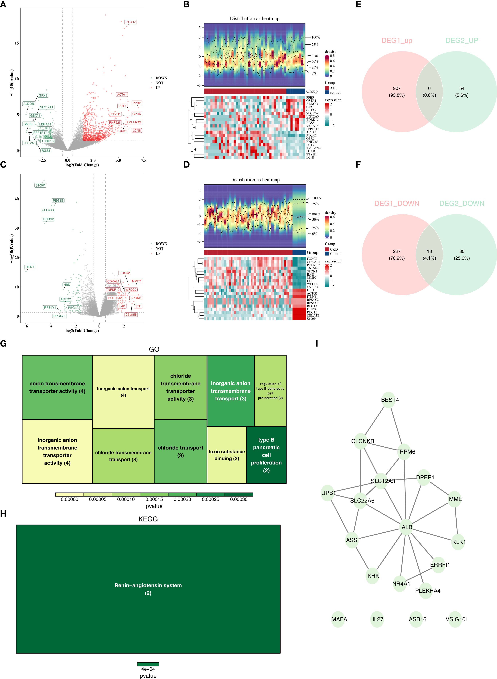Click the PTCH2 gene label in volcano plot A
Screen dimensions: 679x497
[x=131, y=22]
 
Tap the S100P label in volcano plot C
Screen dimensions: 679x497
[x=40, y=185]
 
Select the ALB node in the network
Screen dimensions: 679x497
[x=407, y=527]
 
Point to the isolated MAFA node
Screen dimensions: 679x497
[x=339, y=619]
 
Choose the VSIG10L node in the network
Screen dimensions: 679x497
[x=457, y=619]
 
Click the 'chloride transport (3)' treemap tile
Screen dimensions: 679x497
[x=181, y=452]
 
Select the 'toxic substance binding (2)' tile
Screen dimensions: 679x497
[x=226, y=455]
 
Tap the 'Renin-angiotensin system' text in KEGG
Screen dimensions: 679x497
[x=148, y=585]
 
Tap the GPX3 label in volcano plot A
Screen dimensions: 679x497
[x=43, y=95]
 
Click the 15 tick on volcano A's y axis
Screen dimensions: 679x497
[x=17, y=43]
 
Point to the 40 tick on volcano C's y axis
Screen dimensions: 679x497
[x=17, y=199]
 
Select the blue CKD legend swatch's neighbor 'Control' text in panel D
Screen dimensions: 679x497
[x=336, y=254]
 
